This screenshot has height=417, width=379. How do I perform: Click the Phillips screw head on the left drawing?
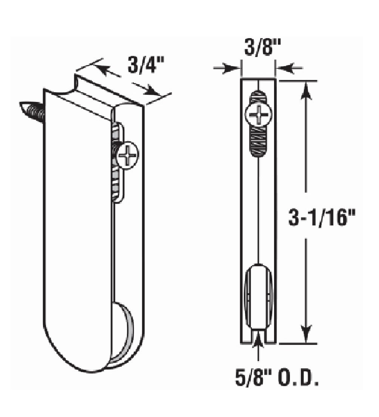click(x=127, y=155)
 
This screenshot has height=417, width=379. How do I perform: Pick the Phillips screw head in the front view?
click(x=259, y=114)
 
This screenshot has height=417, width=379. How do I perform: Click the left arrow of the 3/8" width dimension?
click(x=234, y=68)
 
